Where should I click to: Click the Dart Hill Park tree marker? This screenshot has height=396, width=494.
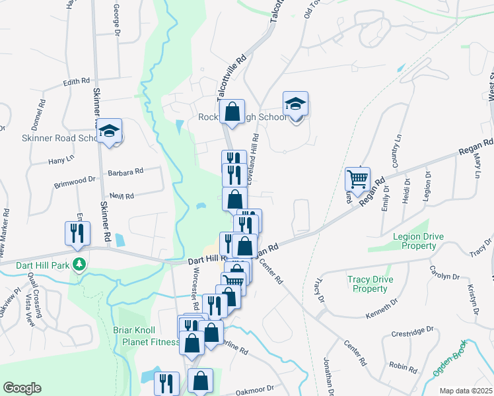[x=80, y=265]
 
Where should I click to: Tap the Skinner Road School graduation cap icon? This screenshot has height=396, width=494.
[x=110, y=133]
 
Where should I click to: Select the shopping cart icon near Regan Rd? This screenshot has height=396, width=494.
[x=357, y=178]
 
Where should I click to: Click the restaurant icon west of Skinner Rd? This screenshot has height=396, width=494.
[x=77, y=233]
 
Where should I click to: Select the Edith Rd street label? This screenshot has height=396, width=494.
[x=76, y=82]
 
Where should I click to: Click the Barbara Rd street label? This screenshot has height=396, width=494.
[x=126, y=172]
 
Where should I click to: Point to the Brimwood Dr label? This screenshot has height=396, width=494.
[x=75, y=179]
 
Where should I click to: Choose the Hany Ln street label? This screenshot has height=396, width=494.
[x=59, y=161]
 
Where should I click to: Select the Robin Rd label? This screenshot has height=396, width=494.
[x=403, y=366]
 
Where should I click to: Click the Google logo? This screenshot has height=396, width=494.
[x=22, y=388]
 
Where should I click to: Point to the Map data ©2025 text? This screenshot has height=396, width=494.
[x=466, y=391]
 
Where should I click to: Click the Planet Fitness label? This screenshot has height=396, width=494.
[x=151, y=342]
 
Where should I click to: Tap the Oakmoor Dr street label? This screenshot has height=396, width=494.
[x=255, y=389]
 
